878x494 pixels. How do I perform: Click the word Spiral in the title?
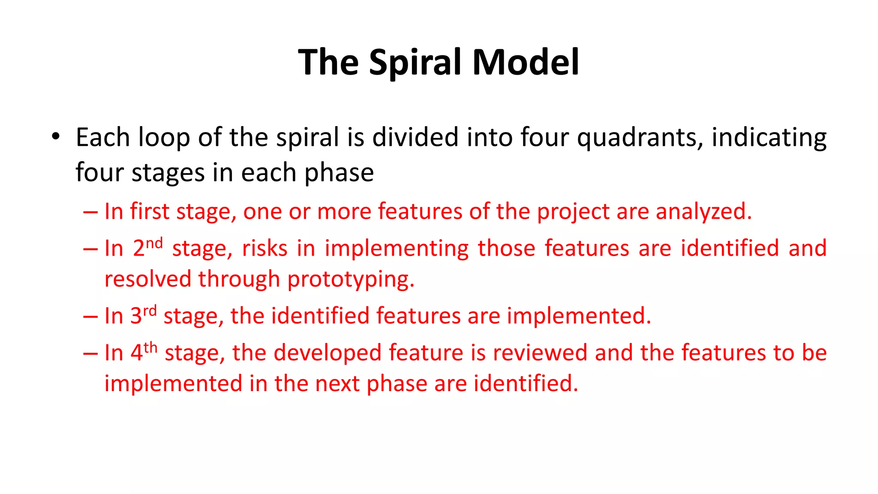(x=415, y=63)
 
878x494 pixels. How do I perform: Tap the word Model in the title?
(x=526, y=62)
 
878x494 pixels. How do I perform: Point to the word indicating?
(x=769, y=138)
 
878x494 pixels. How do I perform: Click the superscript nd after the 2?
(x=154, y=243)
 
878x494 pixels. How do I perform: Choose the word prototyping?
(x=351, y=280)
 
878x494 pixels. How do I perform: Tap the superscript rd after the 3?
(x=150, y=310)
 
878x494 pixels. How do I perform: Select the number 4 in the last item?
(x=136, y=353)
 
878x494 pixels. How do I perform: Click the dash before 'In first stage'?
(x=90, y=212)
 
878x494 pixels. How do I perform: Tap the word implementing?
(x=397, y=249)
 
